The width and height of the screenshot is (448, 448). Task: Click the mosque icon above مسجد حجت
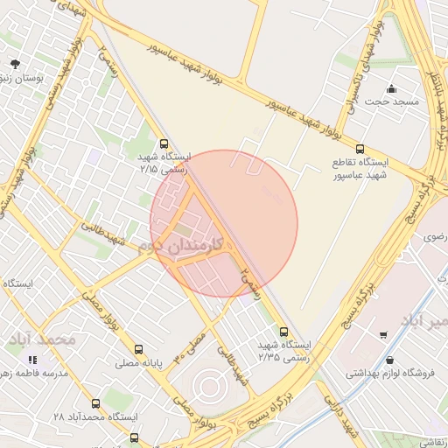coord(391,88)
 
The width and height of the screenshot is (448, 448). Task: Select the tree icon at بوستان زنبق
coord(16,64)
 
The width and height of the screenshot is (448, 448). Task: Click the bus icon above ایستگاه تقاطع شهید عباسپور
coord(360,149)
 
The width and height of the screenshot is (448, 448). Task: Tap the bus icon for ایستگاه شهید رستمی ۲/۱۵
coord(164,143)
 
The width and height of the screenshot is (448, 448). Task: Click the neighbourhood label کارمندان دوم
coord(184,246)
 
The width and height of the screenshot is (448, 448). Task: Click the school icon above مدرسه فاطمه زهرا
coord(33,360)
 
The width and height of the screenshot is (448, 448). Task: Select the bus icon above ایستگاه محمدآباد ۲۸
coord(95,403)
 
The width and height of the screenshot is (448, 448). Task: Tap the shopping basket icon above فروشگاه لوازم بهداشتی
coord(389,360)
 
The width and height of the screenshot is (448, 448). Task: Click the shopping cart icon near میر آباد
coord(383,334)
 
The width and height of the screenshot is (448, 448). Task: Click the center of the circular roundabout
coord(207,385)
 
